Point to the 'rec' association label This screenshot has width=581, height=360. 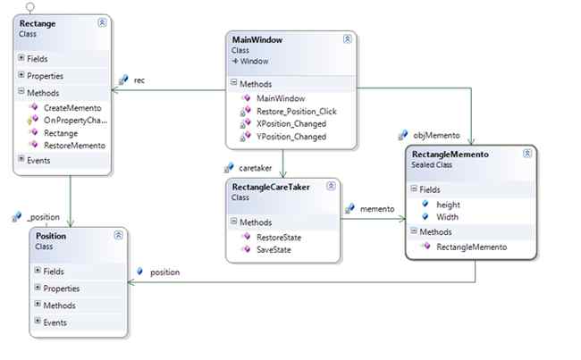click(139, 80)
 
